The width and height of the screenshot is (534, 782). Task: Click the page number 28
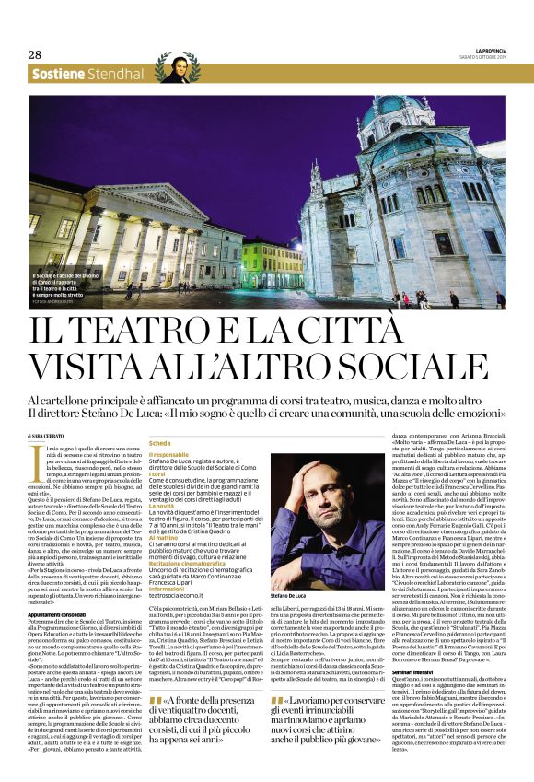[x=34, y=54]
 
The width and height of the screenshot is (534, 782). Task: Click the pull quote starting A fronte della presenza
[x=202, y=730]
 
